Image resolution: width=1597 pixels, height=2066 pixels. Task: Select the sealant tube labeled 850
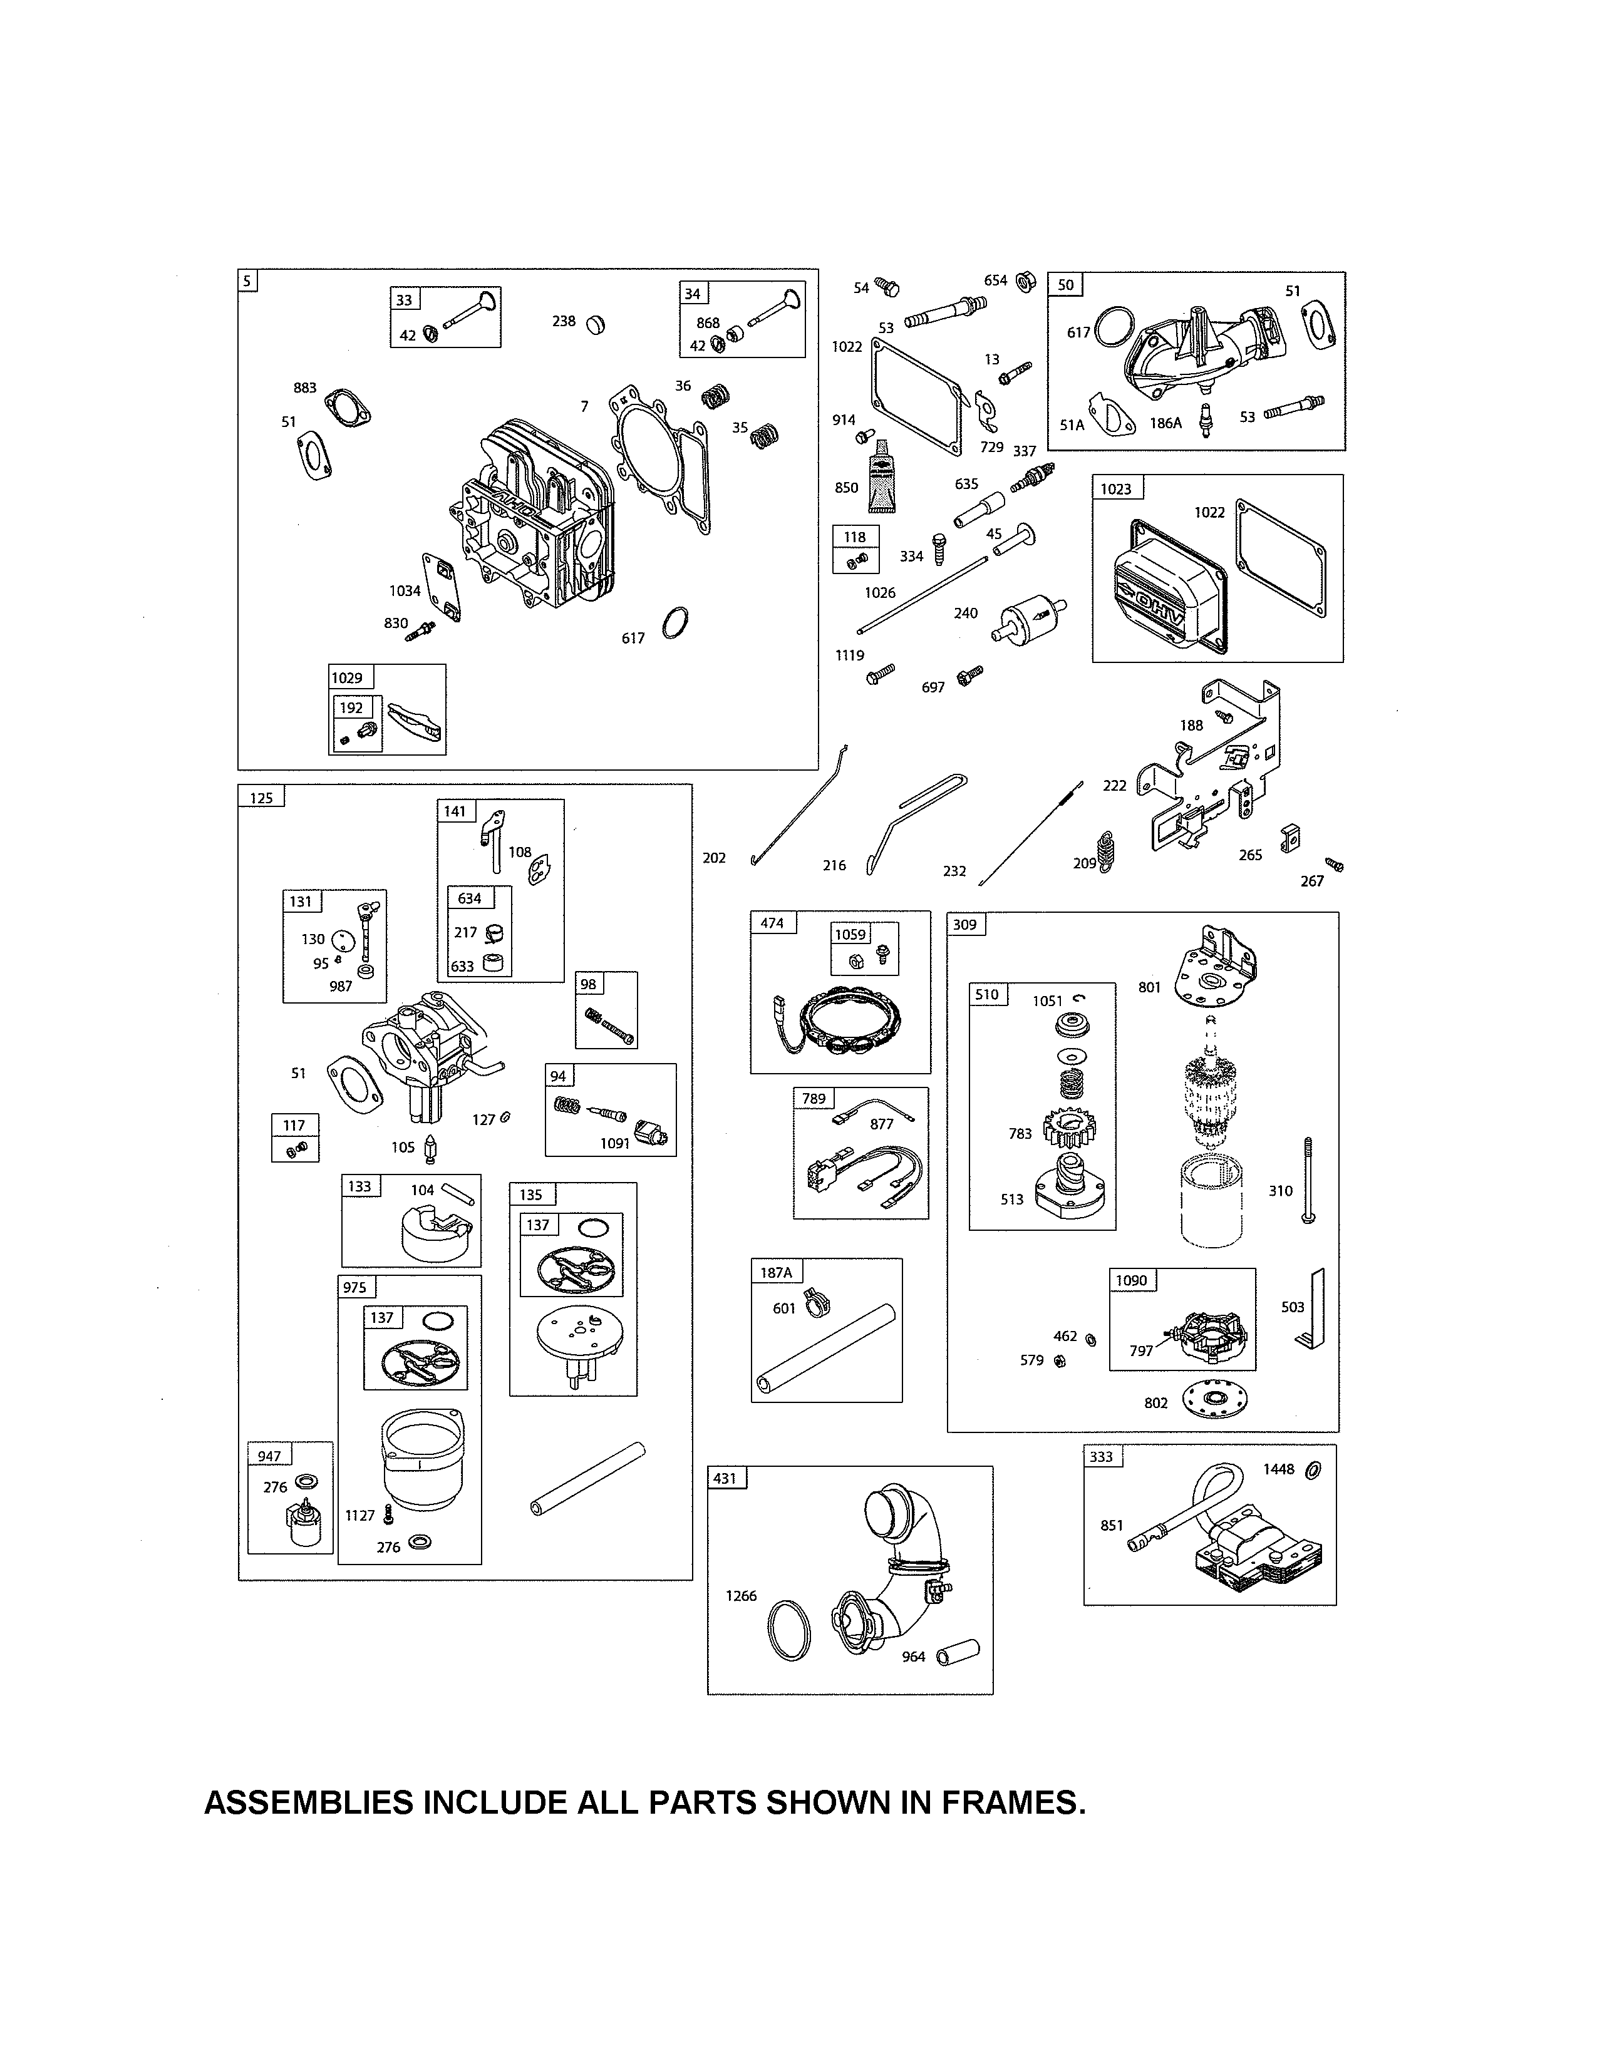(882, 478)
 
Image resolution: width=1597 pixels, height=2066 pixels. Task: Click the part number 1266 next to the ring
(741, 1596)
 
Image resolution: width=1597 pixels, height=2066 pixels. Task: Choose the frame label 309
(965, 924)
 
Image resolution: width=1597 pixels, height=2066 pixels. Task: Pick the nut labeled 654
(1024, 281)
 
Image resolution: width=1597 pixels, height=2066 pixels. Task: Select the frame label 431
(725, 1479)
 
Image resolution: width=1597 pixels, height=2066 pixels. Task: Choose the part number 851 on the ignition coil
(1112, 1525)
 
